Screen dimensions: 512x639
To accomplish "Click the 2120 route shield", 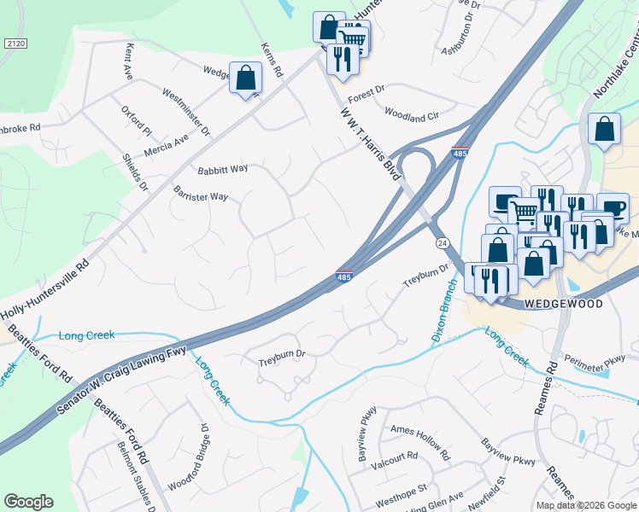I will (15, 43).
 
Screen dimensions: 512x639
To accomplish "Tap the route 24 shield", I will (442, 243).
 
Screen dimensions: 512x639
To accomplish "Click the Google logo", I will (28, 502).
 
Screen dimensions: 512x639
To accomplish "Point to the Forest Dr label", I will (367, 88).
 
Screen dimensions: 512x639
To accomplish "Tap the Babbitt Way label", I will (223, 168).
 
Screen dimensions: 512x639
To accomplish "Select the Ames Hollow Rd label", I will (419, 441).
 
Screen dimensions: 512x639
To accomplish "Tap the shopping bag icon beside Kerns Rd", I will (245, 78).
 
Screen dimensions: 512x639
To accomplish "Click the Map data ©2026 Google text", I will (586, 505).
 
